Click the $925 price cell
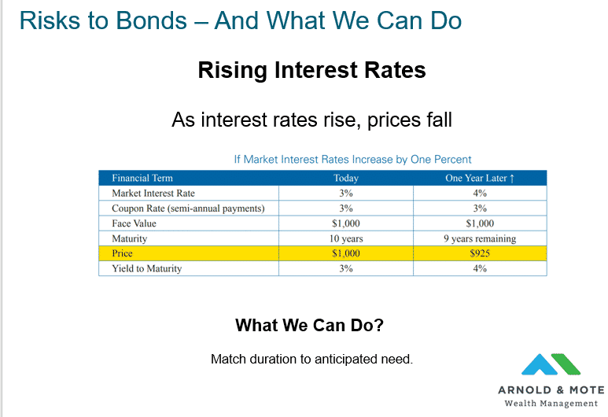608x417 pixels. click(480, 253)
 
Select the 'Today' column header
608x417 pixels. click(346, 178)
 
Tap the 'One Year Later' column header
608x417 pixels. click(476, 178)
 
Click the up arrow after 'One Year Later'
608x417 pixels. click(512, 179)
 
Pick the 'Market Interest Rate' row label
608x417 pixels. click(153, 194)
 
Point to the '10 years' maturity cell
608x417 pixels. click(346, 238)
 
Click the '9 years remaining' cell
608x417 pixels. click(480, 238)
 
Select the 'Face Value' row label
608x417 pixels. click(134, 223)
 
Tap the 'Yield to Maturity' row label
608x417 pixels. click(146, 268)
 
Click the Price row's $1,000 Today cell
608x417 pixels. click(346, 253)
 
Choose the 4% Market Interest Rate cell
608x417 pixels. click(480, 194)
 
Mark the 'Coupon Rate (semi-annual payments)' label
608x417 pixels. click(188, 208)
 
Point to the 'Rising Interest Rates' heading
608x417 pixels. click(311, 70)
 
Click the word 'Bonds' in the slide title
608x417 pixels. click(152, 20)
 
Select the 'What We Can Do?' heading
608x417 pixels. click(309, 325)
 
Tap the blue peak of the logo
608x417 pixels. click(540, 363)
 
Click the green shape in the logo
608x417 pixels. click(566, 363)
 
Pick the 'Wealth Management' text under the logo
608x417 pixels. click(551, 404)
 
